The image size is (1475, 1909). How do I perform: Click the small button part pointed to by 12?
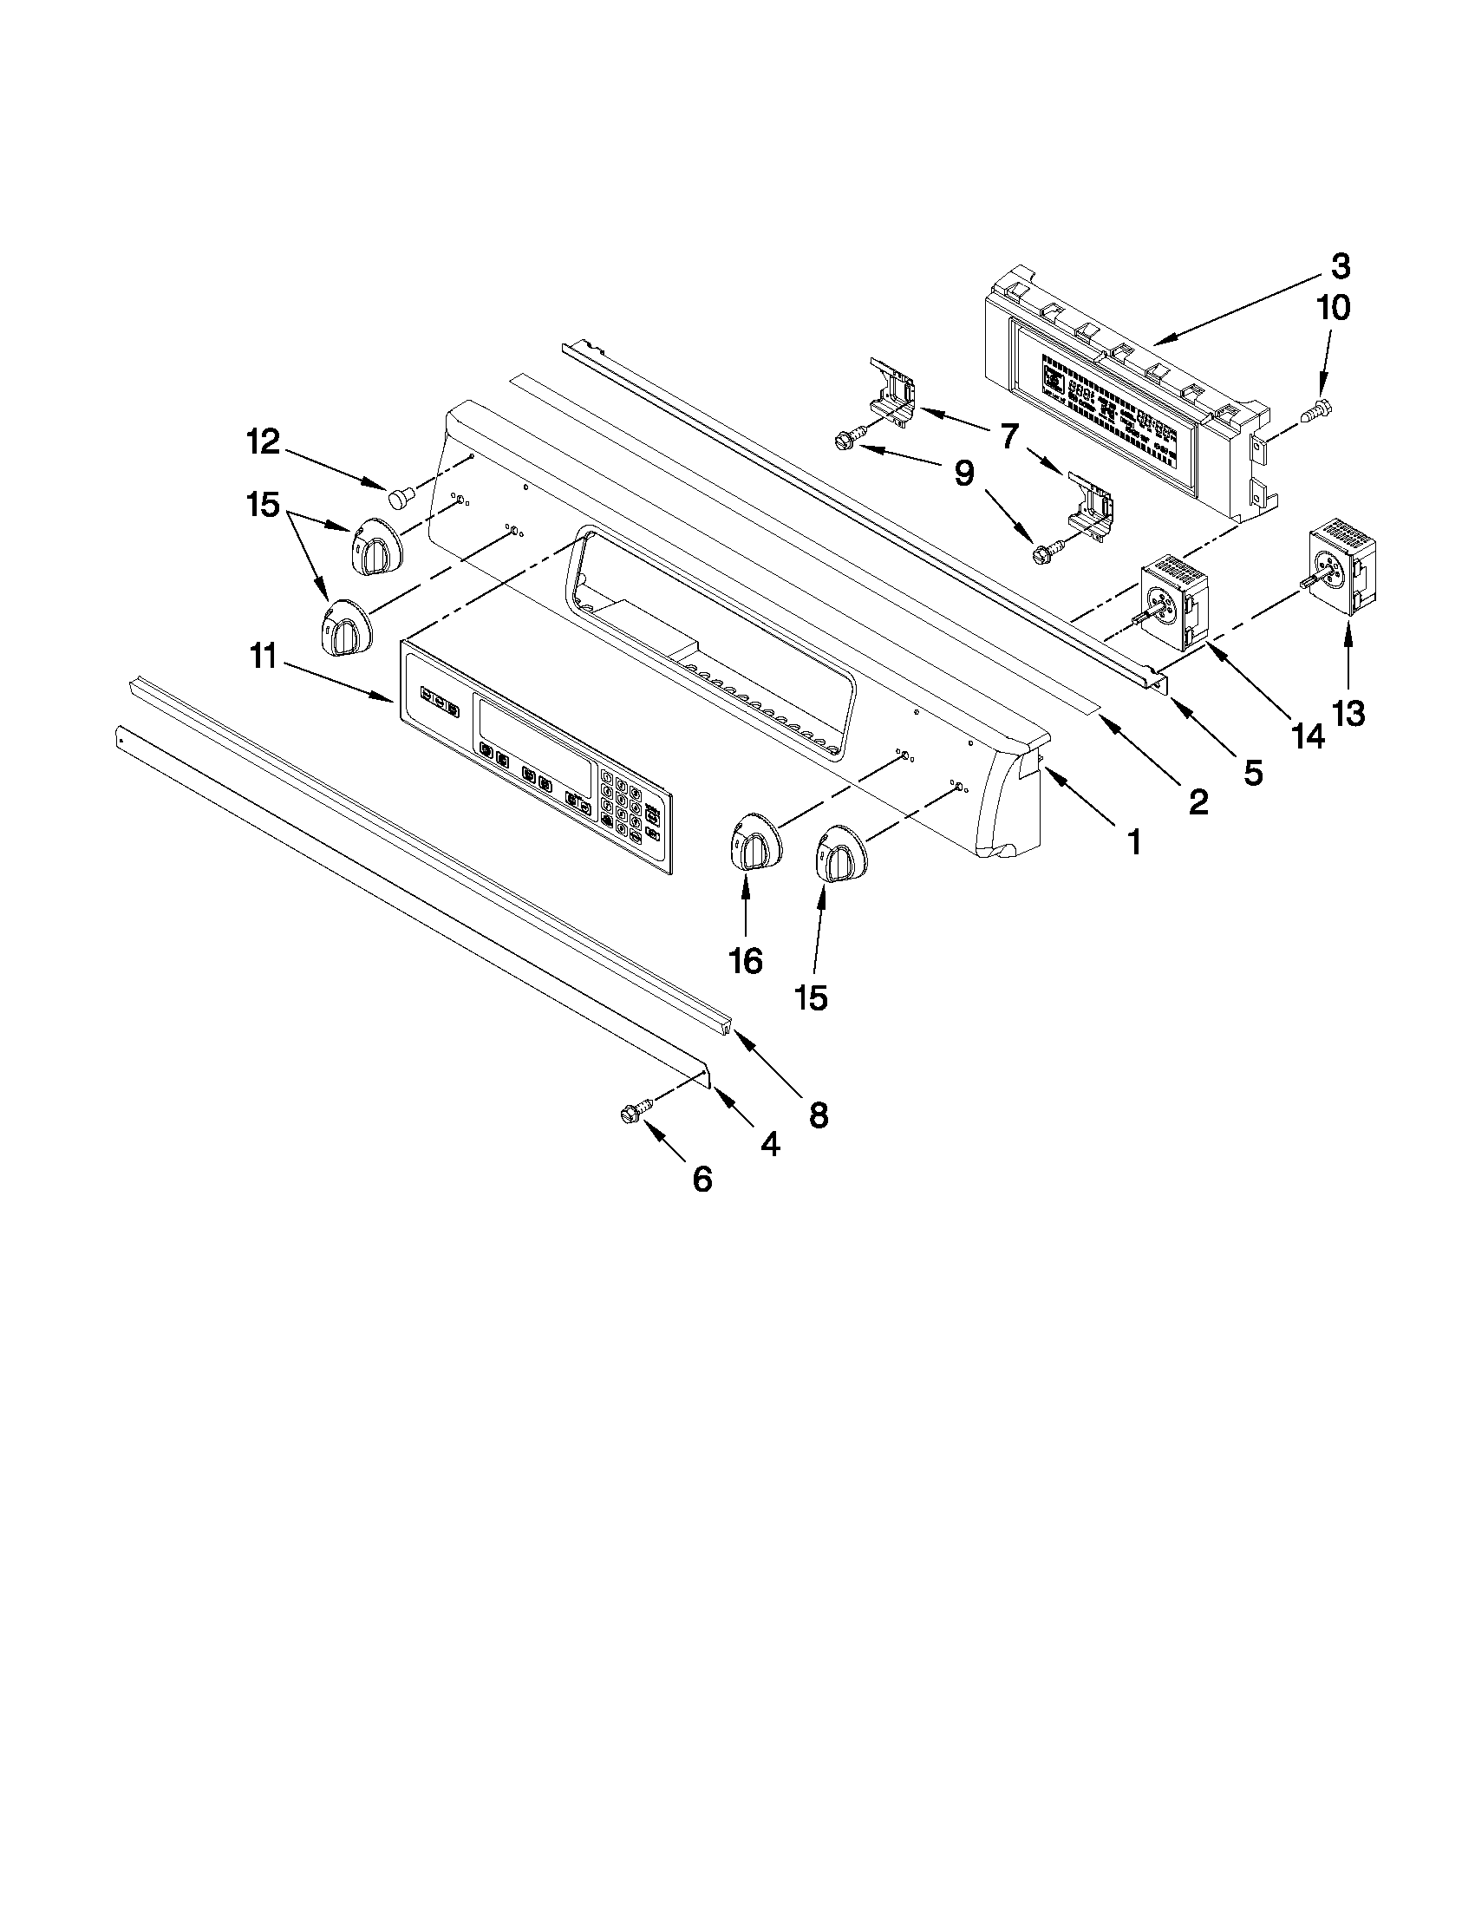(x=401, y=498)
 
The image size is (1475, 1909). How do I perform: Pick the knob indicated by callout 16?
(x=750, y=841)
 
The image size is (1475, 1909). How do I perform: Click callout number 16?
(x=746, y=961)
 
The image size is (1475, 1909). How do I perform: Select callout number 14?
(x=1308, y=737)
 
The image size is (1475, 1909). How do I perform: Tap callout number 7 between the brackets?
(x=1008, y=435)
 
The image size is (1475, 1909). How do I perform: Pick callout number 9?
(x=963, y=474)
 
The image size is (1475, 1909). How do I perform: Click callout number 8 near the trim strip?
(x=818, y=1115)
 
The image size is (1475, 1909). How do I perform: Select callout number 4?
(x=769, y=1143)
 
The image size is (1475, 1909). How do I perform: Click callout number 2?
(x=1198, y=801)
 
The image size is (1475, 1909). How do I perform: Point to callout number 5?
(x=1253, y=772)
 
